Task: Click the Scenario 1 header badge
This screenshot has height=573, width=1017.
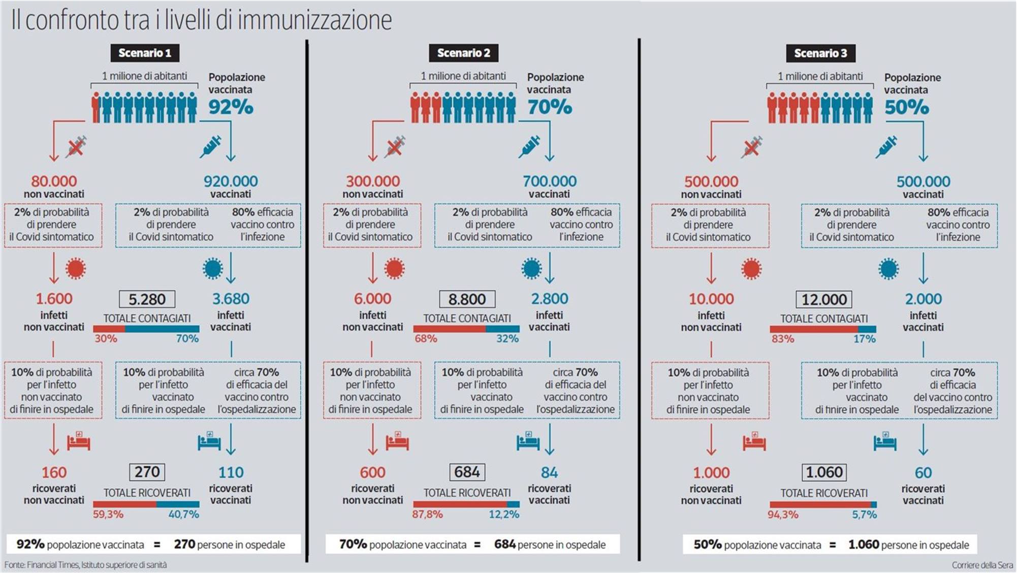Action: tap(145, 53)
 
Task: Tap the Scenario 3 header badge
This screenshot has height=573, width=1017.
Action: tap(820, 53)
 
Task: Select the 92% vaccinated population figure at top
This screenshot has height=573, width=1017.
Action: tap(231, 107)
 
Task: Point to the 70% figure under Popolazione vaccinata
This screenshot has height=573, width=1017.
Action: tap(549, 107)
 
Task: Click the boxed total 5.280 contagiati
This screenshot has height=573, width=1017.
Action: tap(147, 299)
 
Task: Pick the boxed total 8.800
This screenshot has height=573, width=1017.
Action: tap(467, 299)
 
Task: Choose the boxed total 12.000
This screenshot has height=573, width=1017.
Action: tap(823, 299)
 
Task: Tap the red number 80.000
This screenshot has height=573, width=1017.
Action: tap(54, 181)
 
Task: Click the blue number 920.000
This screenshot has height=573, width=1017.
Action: tap(231, 181)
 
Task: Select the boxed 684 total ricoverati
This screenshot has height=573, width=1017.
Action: tap(467, 472)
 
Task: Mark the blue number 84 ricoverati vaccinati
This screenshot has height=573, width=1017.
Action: tap(549, 472)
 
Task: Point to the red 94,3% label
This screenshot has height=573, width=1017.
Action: tap(782, 515)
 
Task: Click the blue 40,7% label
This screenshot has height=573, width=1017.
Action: tap(183, 514)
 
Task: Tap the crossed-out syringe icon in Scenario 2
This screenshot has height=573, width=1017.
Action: tap(395, 147)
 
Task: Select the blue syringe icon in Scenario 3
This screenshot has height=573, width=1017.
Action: tap(886, 147)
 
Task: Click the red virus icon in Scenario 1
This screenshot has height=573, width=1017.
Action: tap(76, 268)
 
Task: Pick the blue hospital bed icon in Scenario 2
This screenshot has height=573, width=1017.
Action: tap(528, 441)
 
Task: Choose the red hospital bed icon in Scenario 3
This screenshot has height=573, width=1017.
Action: tap(754, 441)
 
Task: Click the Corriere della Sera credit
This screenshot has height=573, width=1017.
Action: tap(981, 565)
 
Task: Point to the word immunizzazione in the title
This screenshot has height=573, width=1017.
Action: tap(314, 20)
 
